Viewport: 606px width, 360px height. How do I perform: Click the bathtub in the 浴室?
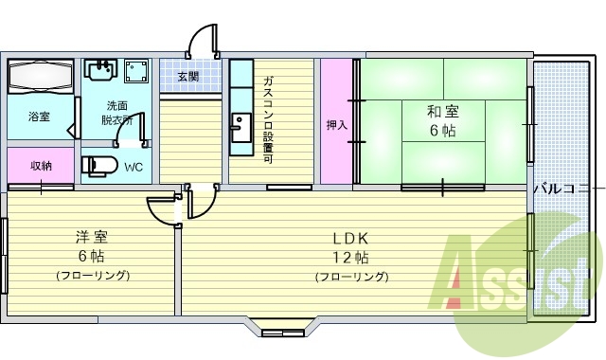(x=41, y=76)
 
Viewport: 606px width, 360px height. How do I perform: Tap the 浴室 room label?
(x=39, y=117)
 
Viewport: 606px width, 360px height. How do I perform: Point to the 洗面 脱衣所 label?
(x=117, y=113)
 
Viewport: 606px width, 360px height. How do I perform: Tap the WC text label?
(x=134, y=168)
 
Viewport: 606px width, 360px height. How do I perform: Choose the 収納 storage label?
(x=41, y=166)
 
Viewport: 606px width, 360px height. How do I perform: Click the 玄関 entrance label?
(x=187, y=77)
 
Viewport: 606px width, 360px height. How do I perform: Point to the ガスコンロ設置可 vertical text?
(x=269, y=118)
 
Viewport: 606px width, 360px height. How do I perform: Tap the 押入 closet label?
(x=336, y=124)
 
